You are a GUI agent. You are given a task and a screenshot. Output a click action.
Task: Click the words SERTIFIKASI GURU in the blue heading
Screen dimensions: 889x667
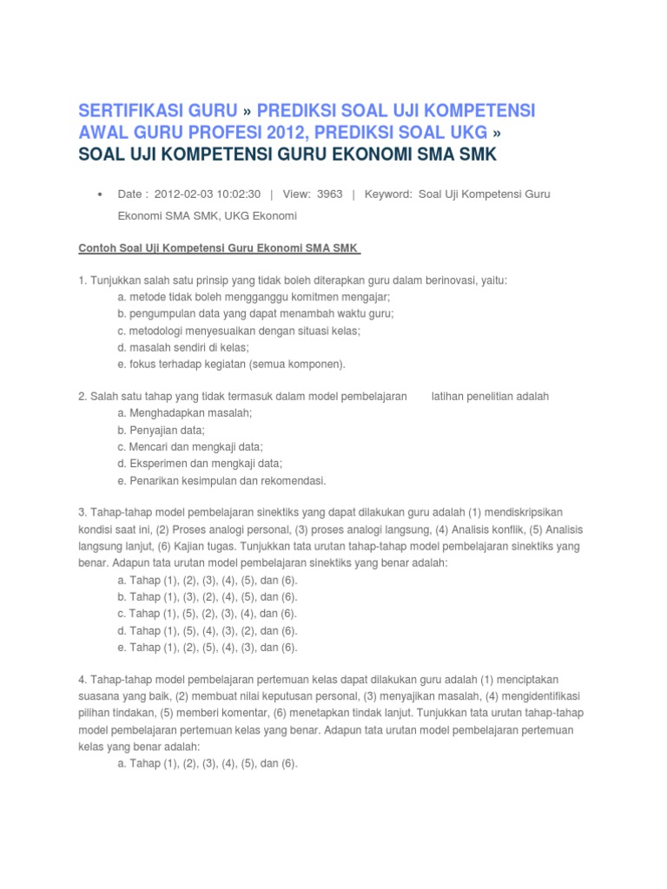click(x=157, y=111)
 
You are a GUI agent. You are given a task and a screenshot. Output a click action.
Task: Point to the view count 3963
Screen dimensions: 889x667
click(x=330, y=194)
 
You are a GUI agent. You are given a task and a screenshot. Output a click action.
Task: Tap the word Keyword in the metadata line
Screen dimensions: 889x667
click(x=387, y=194)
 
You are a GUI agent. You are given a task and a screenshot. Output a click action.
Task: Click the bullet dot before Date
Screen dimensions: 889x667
click(x=102, y=194)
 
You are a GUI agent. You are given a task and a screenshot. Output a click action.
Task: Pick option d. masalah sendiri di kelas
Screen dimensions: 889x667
click(x=182, y=347)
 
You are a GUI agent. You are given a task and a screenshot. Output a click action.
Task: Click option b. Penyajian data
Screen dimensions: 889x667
click(x=162, y=430)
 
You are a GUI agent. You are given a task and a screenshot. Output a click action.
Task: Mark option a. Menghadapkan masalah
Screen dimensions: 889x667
click(x=185, y=413)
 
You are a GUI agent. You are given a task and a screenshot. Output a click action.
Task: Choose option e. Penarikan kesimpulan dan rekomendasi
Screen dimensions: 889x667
click(x=221, y=480)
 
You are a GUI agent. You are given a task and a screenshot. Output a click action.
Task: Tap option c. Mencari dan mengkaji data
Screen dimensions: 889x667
click(x=190, y=447)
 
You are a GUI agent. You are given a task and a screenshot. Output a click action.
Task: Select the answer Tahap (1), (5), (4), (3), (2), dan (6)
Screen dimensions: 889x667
click(x=208, y=630)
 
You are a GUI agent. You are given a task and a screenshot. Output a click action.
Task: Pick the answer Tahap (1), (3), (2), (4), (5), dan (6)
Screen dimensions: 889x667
click(x=208, y=597)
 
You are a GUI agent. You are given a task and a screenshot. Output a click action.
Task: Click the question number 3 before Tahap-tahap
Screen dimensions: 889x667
click(x=82, y=513)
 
